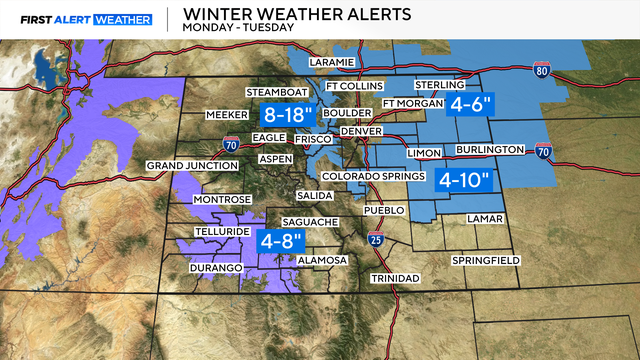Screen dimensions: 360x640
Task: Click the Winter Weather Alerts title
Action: point(275,13)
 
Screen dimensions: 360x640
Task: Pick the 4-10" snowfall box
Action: point(465,180)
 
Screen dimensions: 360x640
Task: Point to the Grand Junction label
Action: point(186,165)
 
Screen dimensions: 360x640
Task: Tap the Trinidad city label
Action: point(395,277)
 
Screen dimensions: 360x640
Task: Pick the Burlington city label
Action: point(491,149)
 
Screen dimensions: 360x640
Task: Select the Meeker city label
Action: point(225,115)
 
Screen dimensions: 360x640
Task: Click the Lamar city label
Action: point(485,217)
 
